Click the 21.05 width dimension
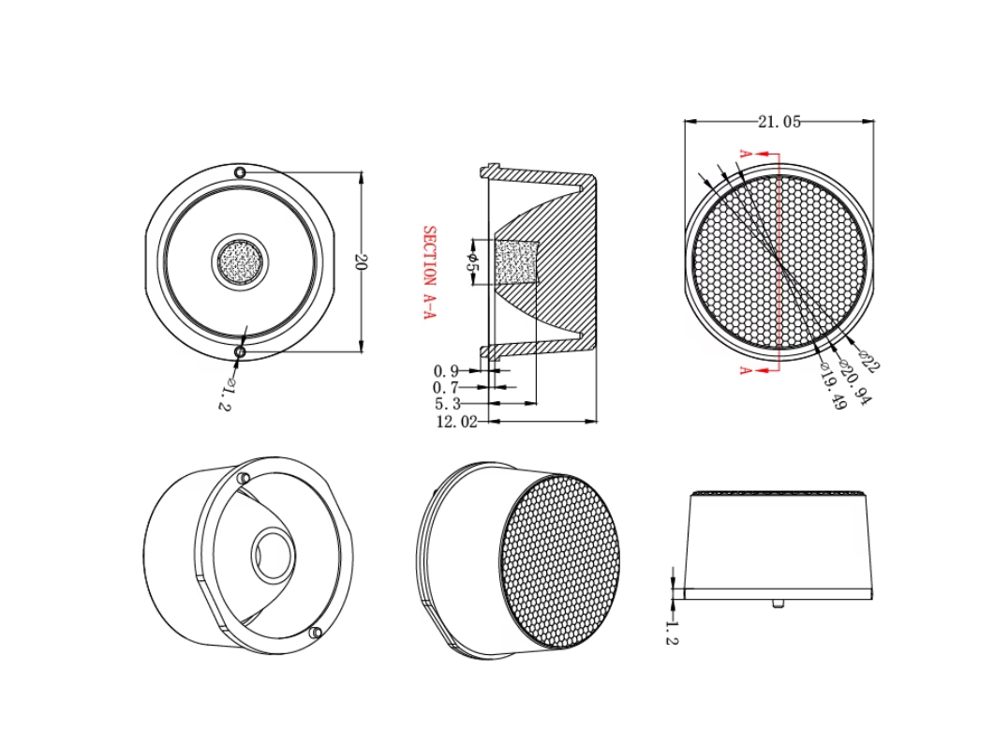tap(779, 122)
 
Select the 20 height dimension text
tap(362, 261)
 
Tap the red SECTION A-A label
tap(429, 272)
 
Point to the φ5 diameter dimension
tap(472, 261)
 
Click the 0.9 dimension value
tap(446, 371)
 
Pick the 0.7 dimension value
tap(446, 387)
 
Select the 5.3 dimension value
tap(448, 404)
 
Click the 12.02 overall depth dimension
tap(456, 422)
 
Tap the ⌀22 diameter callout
tap(869, 360)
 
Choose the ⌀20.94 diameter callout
tap(855, 381)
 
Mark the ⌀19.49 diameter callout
tap(832, 386)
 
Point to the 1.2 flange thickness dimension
tap(672, 633)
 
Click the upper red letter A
tap(746, 154)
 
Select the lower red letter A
tap(746, 370)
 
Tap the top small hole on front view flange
tap(240, 172)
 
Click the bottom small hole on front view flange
tap(240, 352)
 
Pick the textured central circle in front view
tap(240, 261)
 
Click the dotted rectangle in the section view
tap(516, 261)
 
